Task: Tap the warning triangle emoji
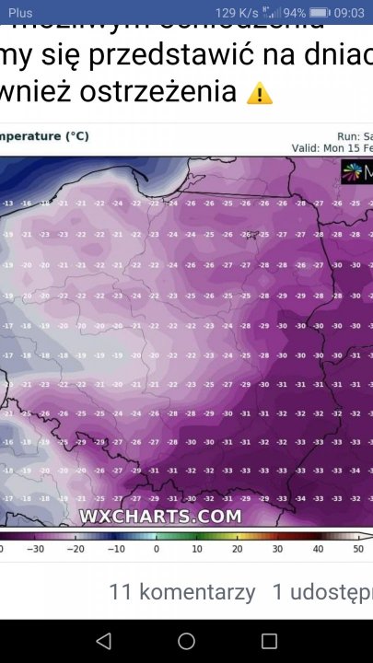[260, 93]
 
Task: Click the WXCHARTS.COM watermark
[160, 517]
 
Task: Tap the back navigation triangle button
[103, 641]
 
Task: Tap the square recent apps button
[269, 641]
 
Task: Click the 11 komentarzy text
[181, 592]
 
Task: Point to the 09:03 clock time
[350, 13]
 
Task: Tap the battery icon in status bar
[320, 13]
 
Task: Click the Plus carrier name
[20, 13]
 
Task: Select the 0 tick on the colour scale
[157, 549]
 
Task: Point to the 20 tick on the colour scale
[237, 549]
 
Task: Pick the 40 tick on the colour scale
[318, 549]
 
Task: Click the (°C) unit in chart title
[76, 136]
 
